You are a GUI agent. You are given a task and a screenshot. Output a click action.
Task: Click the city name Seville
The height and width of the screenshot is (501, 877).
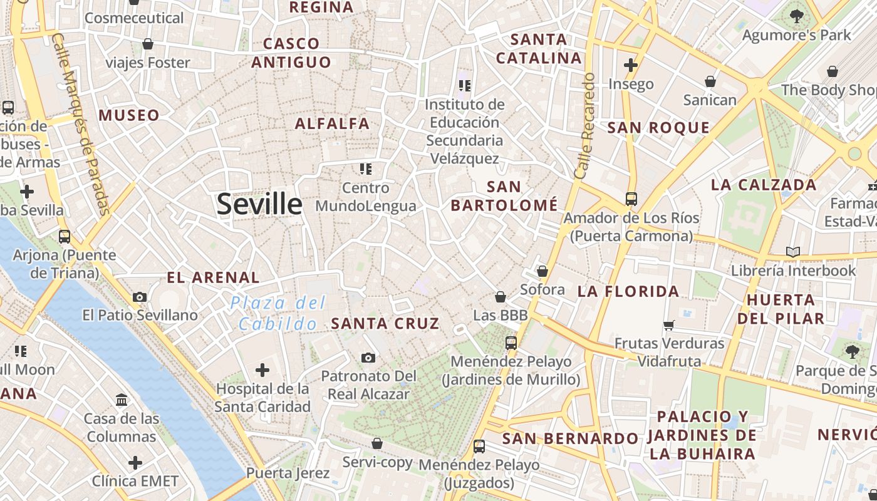point(259,205)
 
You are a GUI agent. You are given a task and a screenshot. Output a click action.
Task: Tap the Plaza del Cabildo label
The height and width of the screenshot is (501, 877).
point(278,313)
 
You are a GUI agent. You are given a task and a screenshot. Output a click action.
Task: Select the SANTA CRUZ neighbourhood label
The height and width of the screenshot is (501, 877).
point(385,323)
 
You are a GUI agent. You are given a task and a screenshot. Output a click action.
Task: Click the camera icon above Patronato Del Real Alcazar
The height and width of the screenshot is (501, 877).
point(368,358)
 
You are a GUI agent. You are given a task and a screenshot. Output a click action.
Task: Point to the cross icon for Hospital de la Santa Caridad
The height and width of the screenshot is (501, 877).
point(262,369)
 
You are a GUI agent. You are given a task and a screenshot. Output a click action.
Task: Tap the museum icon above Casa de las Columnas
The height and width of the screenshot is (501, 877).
point(122,400)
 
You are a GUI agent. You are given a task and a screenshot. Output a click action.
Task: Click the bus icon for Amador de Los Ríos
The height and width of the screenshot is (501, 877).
point(631,199)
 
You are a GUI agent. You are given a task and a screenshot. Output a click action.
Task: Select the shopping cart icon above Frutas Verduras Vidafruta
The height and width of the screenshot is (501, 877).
point(669,325)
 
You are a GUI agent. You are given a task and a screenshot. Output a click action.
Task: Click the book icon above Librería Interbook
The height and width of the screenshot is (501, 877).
point(793,252)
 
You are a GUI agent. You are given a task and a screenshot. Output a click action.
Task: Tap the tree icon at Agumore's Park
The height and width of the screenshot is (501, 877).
point(797,16)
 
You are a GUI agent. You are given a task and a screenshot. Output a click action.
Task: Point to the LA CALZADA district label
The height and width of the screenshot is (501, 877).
point(764,185)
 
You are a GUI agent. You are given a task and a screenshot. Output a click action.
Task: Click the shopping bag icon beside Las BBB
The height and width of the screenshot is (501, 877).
point(500,296)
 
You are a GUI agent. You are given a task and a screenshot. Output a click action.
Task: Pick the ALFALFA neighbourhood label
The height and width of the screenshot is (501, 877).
point(332,123)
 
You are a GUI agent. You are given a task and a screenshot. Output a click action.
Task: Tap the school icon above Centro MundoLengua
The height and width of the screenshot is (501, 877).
point(366,168)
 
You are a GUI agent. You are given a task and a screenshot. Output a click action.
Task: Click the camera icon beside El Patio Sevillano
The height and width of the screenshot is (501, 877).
point(140,297)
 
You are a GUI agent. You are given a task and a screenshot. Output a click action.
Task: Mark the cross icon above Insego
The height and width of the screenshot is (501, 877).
point(631,65)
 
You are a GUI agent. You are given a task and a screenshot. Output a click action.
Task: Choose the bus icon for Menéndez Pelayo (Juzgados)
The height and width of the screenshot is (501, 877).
point(479,446)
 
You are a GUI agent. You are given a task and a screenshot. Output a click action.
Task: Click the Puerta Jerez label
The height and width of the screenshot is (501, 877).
point(288,473)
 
